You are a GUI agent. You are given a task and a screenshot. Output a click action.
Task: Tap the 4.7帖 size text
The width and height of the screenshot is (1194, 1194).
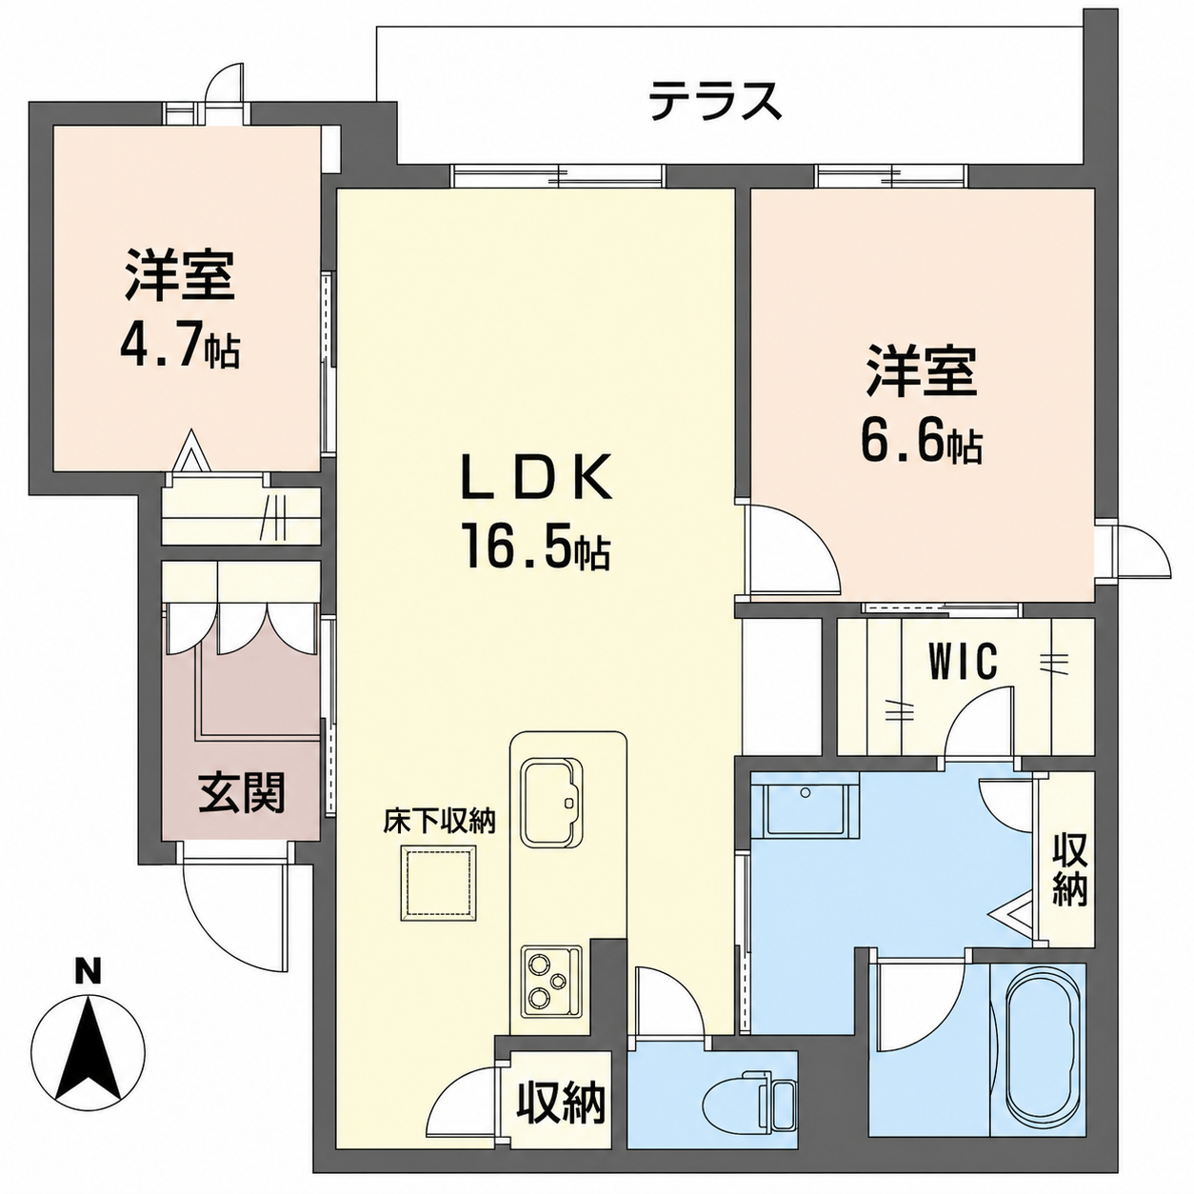[180, 349]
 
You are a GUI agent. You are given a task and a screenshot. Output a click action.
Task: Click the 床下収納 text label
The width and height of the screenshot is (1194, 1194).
[439, 822]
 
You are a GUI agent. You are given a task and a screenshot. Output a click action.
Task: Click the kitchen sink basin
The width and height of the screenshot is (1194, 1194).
[552, 803]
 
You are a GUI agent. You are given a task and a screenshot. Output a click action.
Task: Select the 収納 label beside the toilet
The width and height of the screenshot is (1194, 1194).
[561, 1101]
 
